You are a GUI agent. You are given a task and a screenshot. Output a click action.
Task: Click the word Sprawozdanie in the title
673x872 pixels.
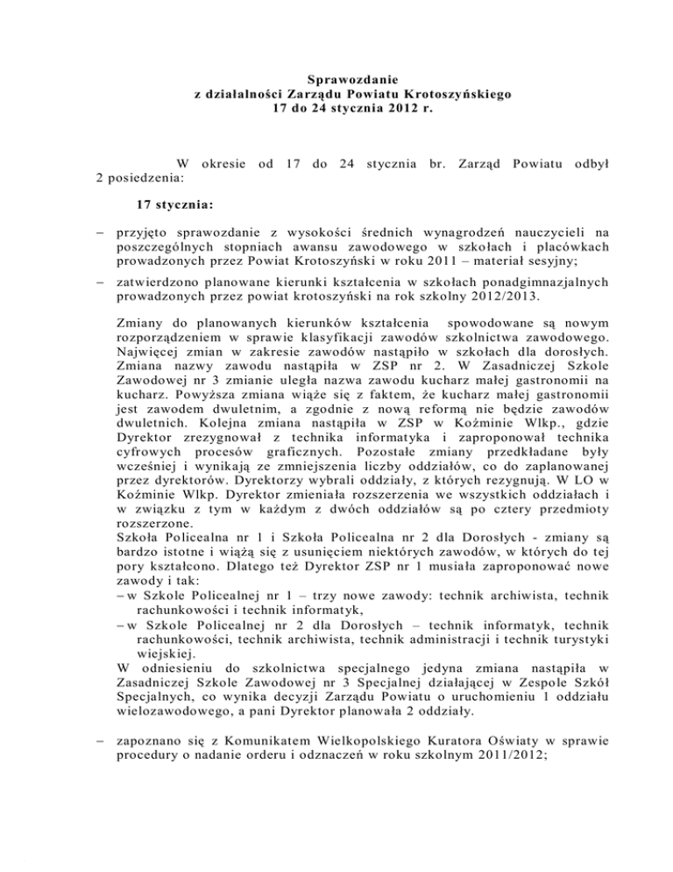(336, 78)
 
